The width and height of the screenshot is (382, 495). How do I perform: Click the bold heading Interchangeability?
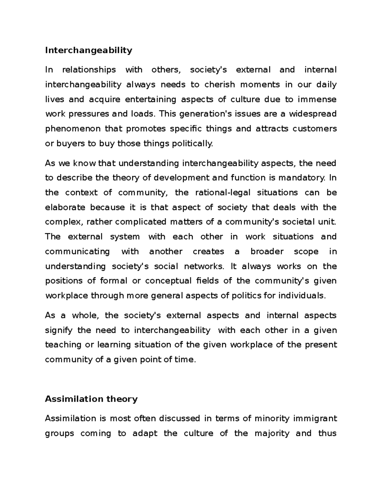[88, 50]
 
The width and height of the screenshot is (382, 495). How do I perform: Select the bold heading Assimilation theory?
[91, 399]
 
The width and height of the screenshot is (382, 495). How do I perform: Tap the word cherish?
[220, 84]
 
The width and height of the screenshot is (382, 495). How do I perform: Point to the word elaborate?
[65, 207]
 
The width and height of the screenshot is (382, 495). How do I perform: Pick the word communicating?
[77, 251]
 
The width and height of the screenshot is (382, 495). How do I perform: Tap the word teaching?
[63, 345]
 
